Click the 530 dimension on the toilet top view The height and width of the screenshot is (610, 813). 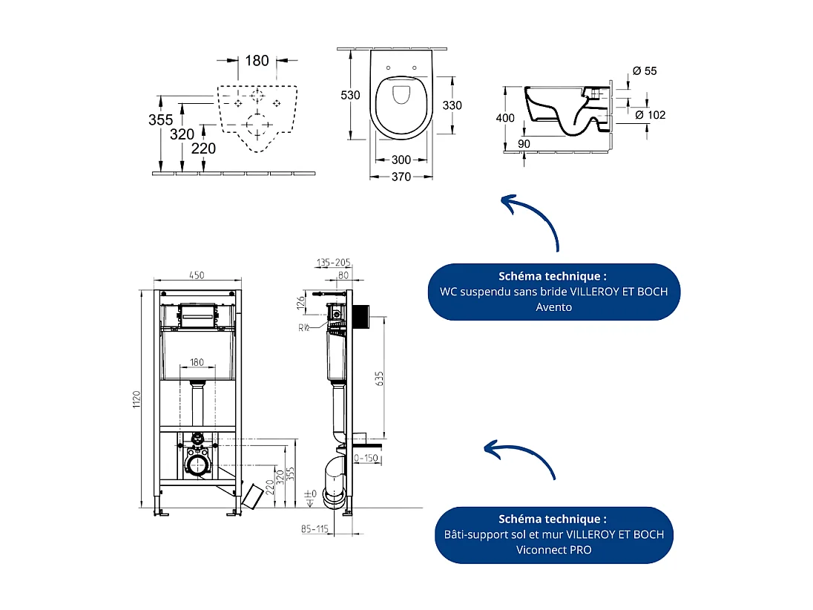[350, 95]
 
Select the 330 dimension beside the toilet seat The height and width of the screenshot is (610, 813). [452, 105]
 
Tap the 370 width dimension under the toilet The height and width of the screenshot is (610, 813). [401, 177]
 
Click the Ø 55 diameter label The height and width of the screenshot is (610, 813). [644, 71]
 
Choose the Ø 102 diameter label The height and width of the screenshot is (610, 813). [650, 115]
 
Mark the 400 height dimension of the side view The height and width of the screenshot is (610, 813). [505, 118]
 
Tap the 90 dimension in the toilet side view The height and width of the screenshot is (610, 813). [524, 143]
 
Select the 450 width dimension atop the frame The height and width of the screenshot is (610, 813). [196, 276]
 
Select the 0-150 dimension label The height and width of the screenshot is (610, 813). [366, 458]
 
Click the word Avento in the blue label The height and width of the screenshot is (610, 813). [553, 306]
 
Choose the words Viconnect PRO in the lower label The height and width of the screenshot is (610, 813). [553, 550]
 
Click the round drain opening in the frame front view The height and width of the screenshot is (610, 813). [197, 466]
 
